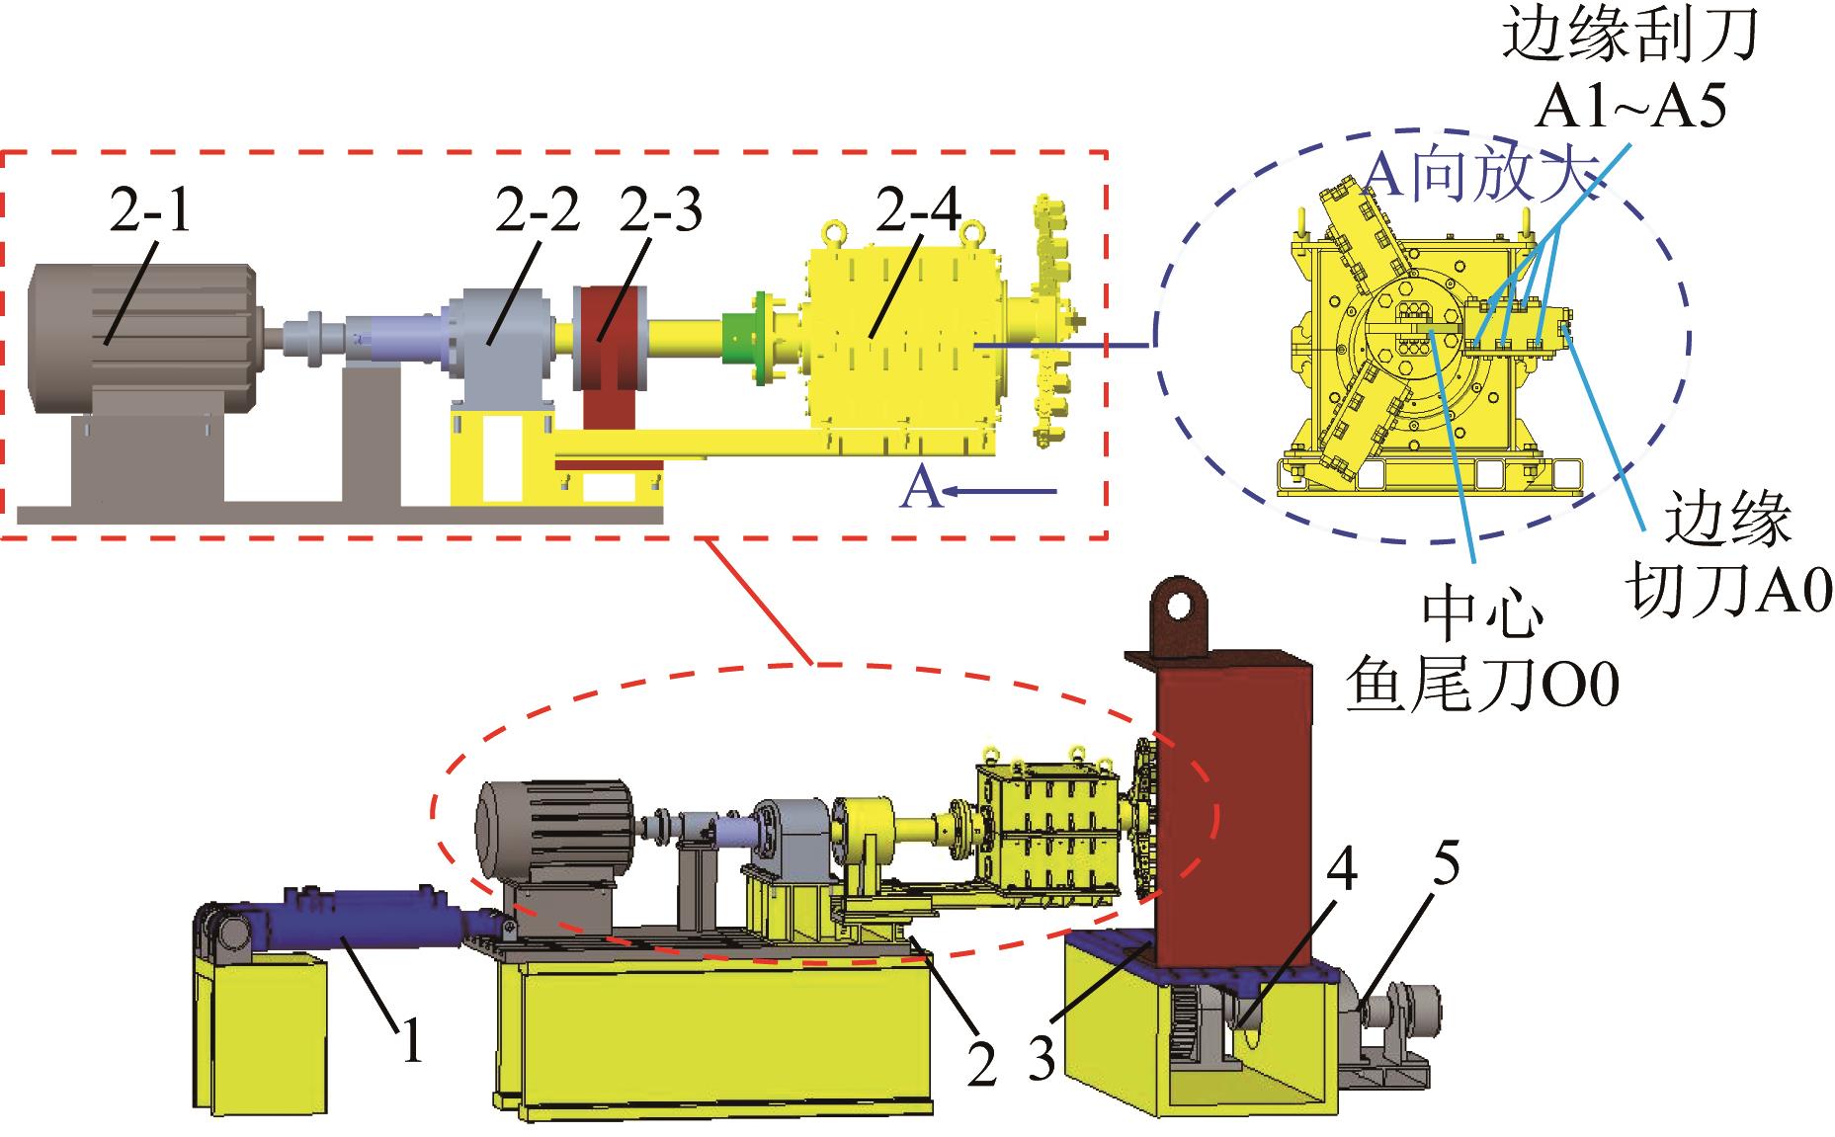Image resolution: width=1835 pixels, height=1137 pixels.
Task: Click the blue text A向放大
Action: [1479, 178]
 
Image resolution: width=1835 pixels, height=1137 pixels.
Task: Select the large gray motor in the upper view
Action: [143, 336]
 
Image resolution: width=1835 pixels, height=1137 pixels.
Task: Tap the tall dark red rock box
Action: [1235, 810]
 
